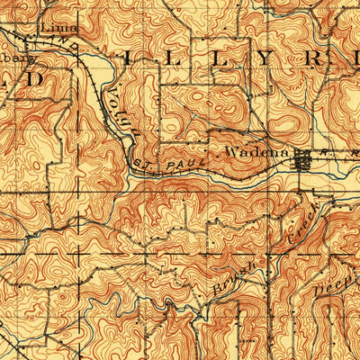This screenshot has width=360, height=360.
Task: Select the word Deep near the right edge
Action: click(335, 281)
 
